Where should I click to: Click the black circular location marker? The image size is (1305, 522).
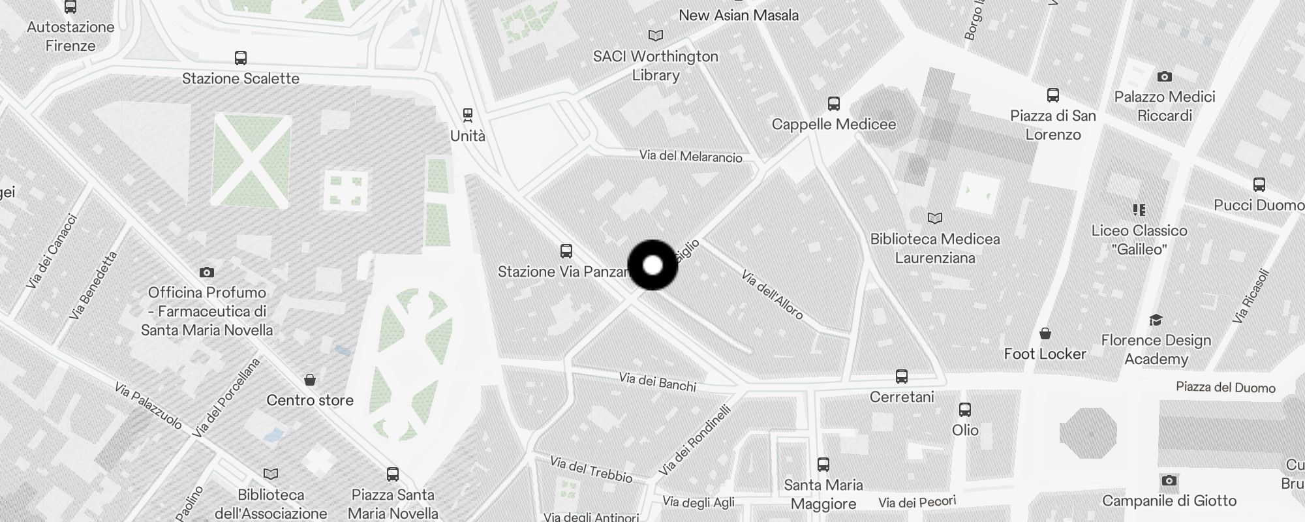(652, 265)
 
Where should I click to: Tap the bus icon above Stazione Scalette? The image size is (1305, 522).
(240, 58)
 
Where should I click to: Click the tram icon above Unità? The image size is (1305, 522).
(467, 115)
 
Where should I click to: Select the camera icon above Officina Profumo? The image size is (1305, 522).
(207, 272)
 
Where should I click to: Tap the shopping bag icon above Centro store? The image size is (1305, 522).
(310, 380)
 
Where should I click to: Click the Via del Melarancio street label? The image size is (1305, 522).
(690, 157)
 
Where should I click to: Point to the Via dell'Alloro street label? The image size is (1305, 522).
(772, 295)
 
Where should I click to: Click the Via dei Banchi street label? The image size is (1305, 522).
(657, 382)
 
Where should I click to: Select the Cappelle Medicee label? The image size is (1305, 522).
(833, 124)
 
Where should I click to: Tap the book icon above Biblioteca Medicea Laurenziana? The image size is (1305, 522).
(935, 218)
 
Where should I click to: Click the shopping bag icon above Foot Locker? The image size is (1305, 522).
(1045, 334)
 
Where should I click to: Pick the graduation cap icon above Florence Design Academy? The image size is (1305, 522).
(1156, 320)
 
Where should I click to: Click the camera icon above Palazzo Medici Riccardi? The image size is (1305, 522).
(1164, 77)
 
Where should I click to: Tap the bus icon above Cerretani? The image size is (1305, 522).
(901, 376)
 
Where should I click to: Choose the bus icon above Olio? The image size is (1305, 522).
(964, 410)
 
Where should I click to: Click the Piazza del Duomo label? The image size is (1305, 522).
(1225, 388)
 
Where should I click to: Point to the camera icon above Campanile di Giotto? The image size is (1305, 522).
(1169, 481)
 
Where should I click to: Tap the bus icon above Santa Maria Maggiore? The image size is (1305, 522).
(823, 465)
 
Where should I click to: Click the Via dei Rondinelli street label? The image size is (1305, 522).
(694, 441)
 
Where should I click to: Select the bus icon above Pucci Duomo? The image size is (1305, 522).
(1259, 185)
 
